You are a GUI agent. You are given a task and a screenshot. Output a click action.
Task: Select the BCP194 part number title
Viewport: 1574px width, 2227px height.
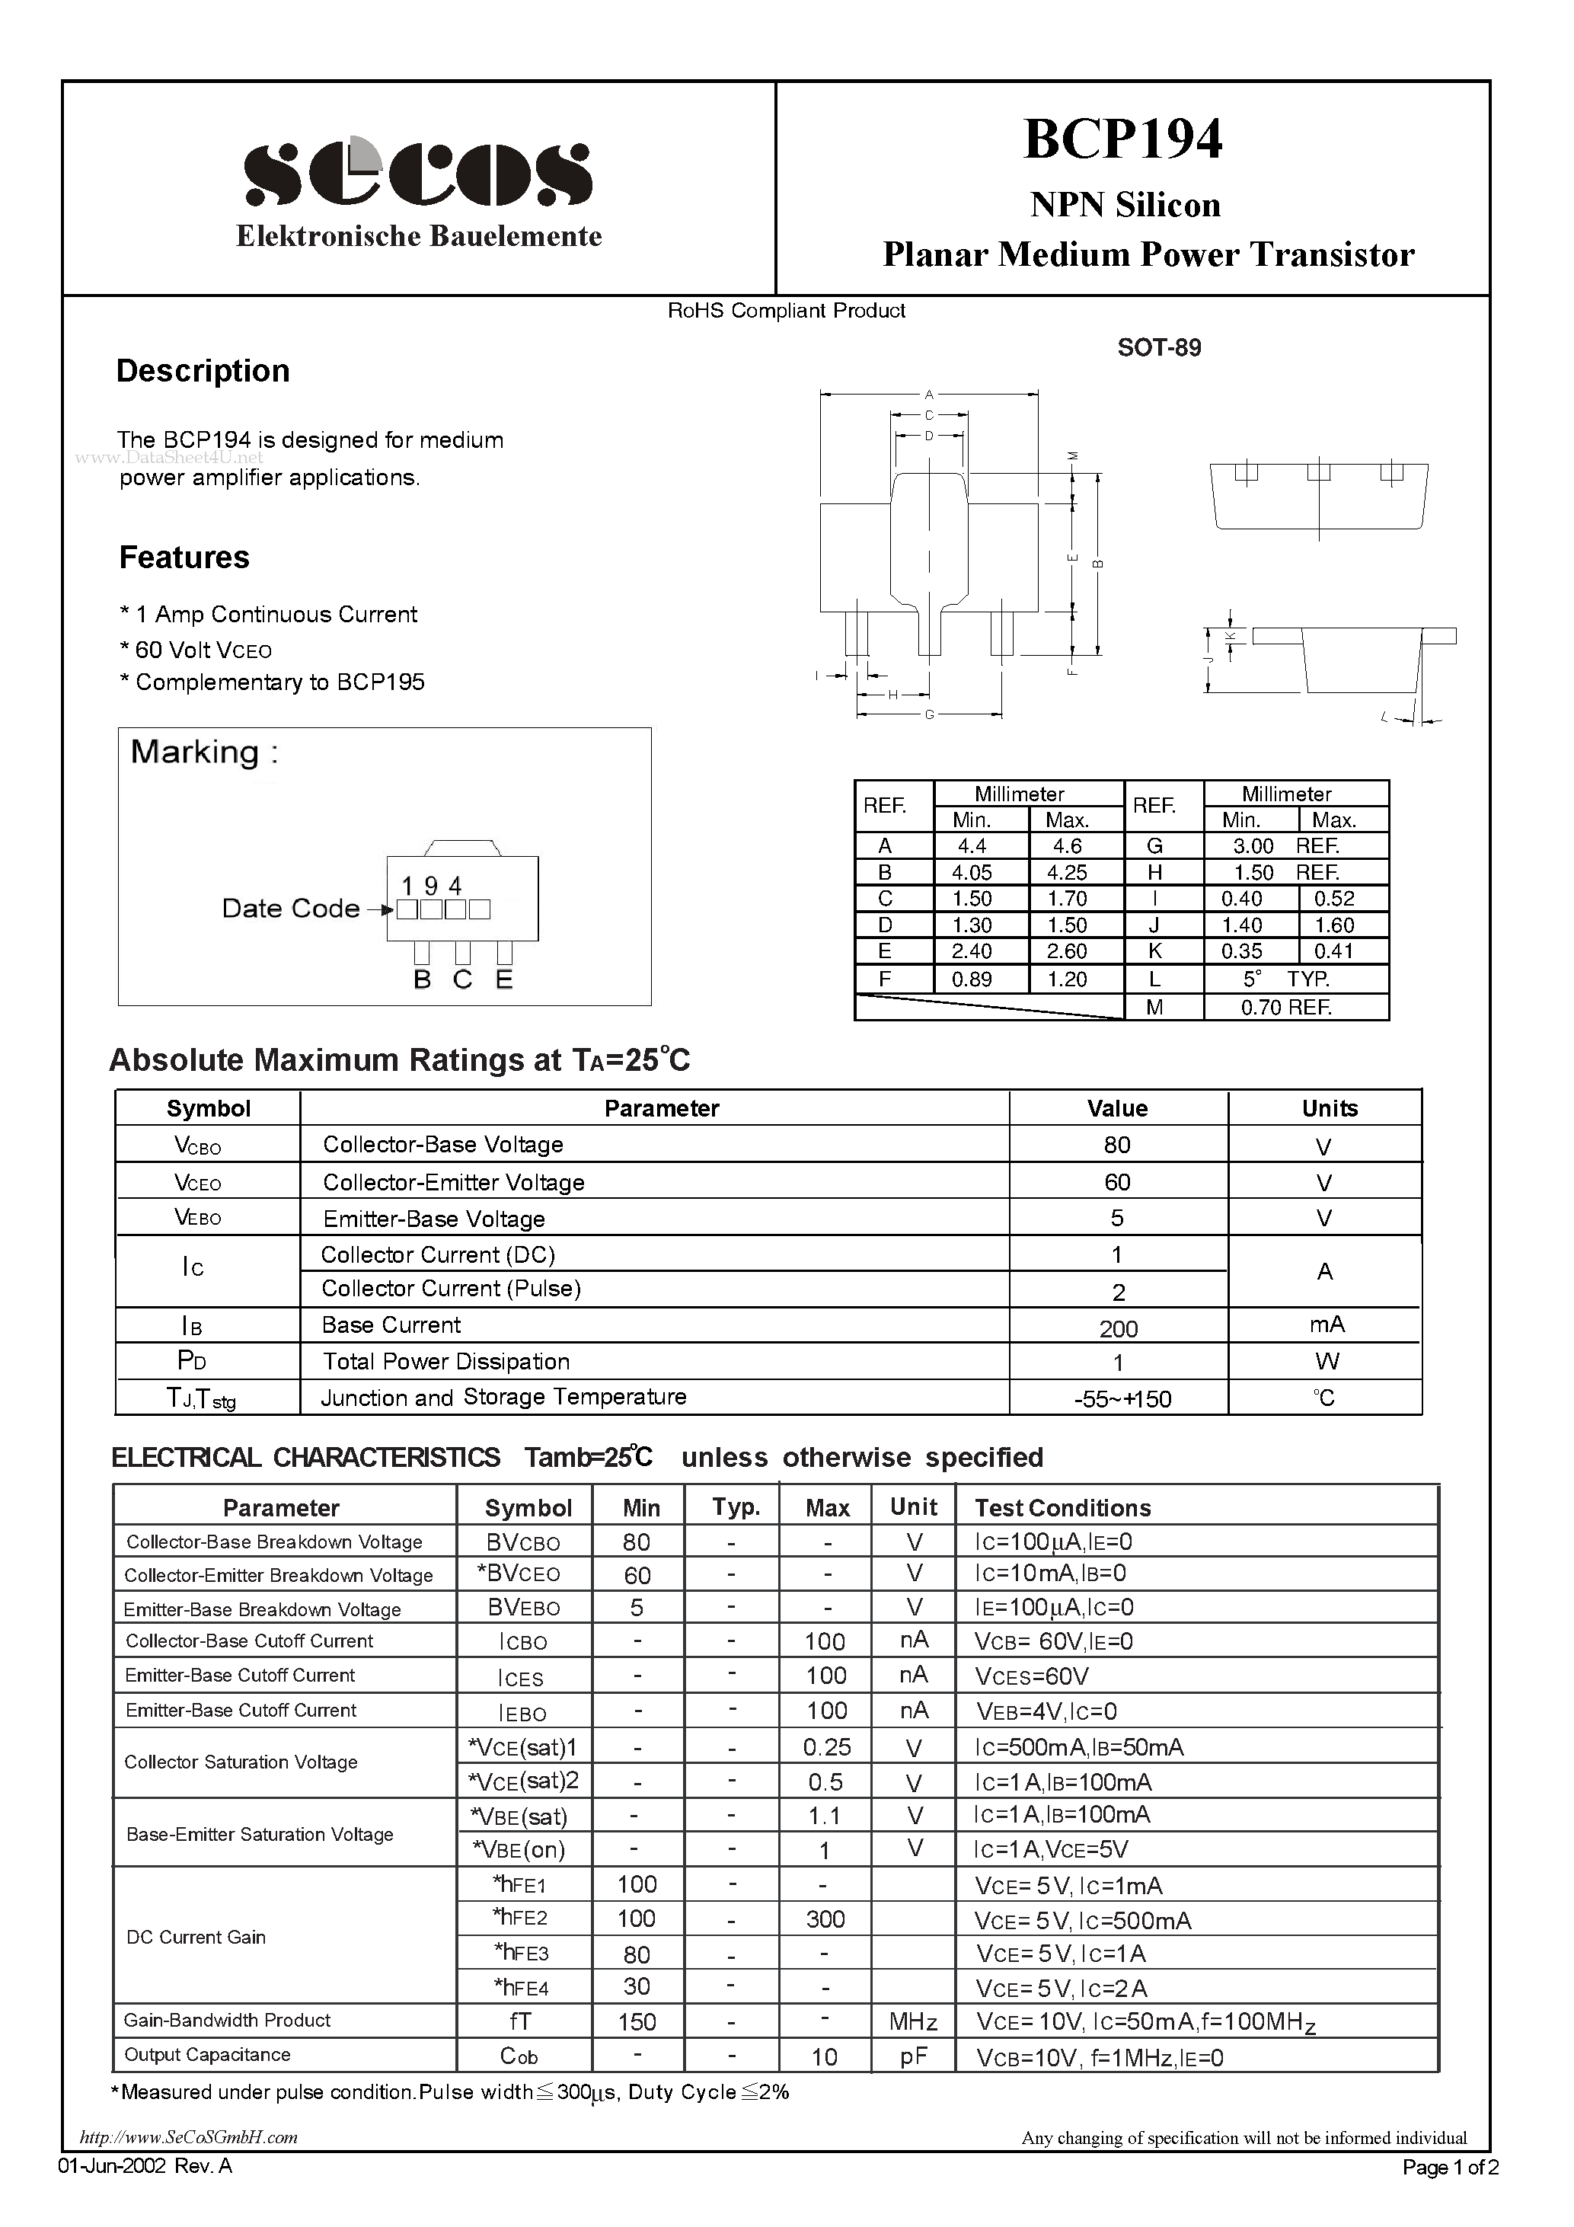coord(1123,139)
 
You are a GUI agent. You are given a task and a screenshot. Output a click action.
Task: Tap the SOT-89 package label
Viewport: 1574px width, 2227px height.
coord(1159,347)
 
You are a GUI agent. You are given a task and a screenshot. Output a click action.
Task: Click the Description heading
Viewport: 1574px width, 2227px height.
coord(203,370)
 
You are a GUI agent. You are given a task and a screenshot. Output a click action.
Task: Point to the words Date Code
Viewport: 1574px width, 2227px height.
coord(290,908)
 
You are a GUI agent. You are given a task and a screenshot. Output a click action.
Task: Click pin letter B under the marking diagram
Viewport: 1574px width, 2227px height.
coord(422,979)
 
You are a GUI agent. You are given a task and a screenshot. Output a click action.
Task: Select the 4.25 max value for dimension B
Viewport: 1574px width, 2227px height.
coord(1067,872)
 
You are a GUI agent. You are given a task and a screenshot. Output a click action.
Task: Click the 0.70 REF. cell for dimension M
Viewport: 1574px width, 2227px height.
coord(1286,1007)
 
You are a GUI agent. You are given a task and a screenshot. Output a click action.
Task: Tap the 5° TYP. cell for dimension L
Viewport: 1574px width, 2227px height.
coord(1286,979)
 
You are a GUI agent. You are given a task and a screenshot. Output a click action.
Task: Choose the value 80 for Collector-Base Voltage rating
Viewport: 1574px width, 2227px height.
coord(1116,1145)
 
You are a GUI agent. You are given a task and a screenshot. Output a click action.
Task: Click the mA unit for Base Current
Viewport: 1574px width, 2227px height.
coord(1326,1325)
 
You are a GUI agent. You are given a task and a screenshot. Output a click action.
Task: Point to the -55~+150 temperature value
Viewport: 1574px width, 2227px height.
coord(1122,1398)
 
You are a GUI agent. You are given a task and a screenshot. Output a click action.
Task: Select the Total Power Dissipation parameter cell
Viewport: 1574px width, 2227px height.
coord(446,1361)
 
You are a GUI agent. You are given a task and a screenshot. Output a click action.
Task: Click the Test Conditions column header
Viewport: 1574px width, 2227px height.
coord(1062,1507)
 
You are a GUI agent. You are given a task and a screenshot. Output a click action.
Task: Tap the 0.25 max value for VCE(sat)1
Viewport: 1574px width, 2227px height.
coord(826,1747)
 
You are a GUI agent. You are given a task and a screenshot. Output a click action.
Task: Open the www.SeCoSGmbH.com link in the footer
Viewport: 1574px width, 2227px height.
coord(189,2137)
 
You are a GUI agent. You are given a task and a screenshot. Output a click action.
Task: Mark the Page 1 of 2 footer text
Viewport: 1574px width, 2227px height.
coord(1450,2167)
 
